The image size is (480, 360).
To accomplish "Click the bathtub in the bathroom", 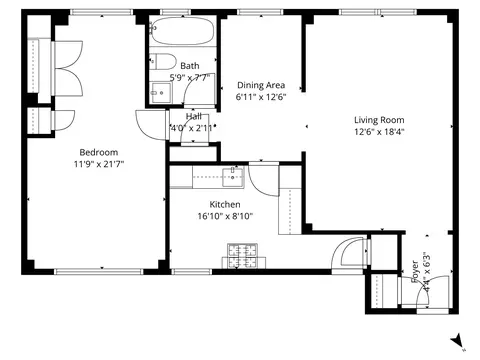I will tap(183, 34).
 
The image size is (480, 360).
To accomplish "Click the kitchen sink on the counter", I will tap(235, 177).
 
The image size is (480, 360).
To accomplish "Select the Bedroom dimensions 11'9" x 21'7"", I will tap(96, 164).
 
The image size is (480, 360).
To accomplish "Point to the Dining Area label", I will tap(261, 85).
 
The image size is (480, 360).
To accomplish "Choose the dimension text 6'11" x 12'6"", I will tap(261, 98).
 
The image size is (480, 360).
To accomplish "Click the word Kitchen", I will tap(224, 204).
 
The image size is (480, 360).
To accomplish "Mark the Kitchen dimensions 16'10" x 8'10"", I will tap(224, 216).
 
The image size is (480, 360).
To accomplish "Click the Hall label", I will tap(191, 116).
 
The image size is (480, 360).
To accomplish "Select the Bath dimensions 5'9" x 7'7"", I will tap(189, 77).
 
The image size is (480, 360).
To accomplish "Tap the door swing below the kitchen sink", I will tap(262, 180).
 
